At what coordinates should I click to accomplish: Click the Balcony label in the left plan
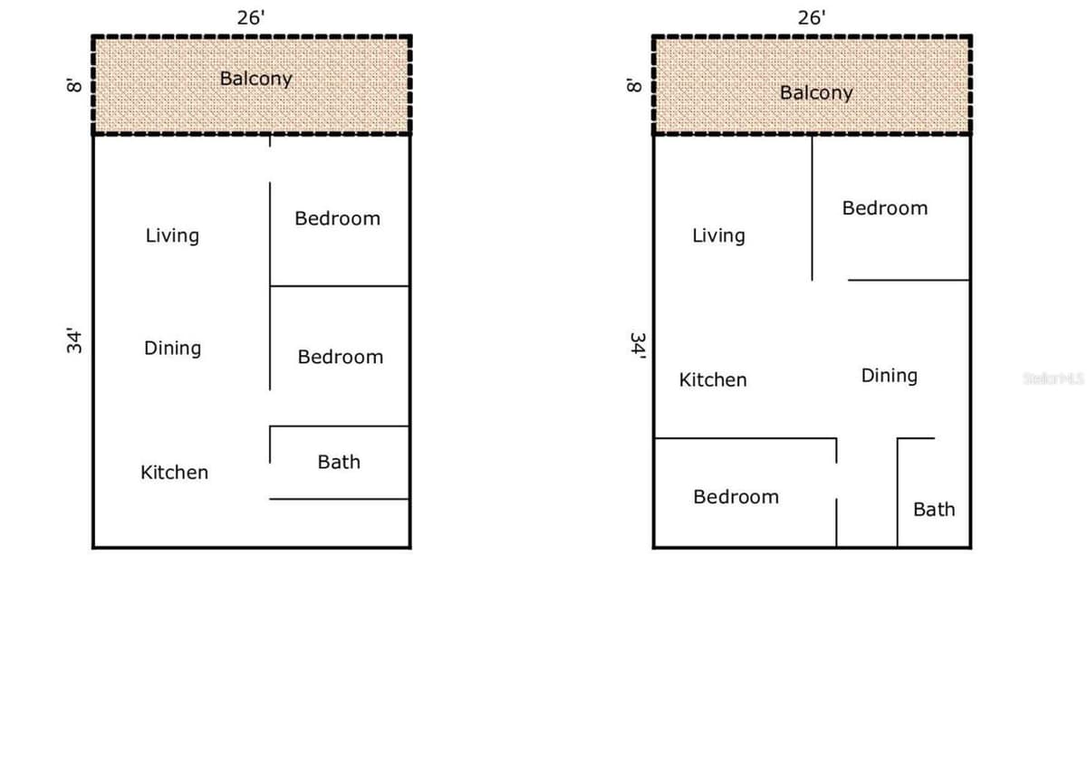pyautogui.click(x=255, y=79)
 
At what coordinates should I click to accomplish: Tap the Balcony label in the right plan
pyautogui.click(x=816, y=93)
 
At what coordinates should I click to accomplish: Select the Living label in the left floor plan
pyautogui.click(x=172, y=236)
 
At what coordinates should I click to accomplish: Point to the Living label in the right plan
pyautogui.click(x=718, y=236)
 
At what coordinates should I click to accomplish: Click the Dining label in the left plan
pyautogui.click(x=172, y=349)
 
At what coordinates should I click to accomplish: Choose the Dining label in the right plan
pyautogui.click(x=889, y=376)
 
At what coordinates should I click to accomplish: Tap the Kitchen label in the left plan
pyautogui.click(x=174, y=473)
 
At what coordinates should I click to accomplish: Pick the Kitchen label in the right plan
pyautogui.click(x=713, y=379)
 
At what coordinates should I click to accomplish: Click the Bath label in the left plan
pyautogui.click(x=339, y=462)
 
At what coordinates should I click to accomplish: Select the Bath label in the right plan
pyautogui.click(x=934, y=510)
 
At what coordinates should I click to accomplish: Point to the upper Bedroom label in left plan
pyautogui.click(x=337, y=219)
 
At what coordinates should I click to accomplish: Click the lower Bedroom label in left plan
pyautogui.click(x=341, y=358)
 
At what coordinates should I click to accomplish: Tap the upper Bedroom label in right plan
pyautogui.click(x=885, y=208)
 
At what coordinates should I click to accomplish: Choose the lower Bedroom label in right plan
pyautogui.click(x=736, y=497)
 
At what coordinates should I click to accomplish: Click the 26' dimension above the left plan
pyautogui.click(x=251, y=18)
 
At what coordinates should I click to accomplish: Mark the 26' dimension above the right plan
pyautogui.click(x=812, y=18)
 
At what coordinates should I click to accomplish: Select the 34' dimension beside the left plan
pyautogui.click(x=73, y=340)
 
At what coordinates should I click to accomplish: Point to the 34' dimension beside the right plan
pyautogui.click(x=638, y=345)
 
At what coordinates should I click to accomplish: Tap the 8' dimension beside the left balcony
pyautogui.click(x=74, y=85)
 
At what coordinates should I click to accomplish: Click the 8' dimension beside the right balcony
pyautogui.click(x=634, y=85)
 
